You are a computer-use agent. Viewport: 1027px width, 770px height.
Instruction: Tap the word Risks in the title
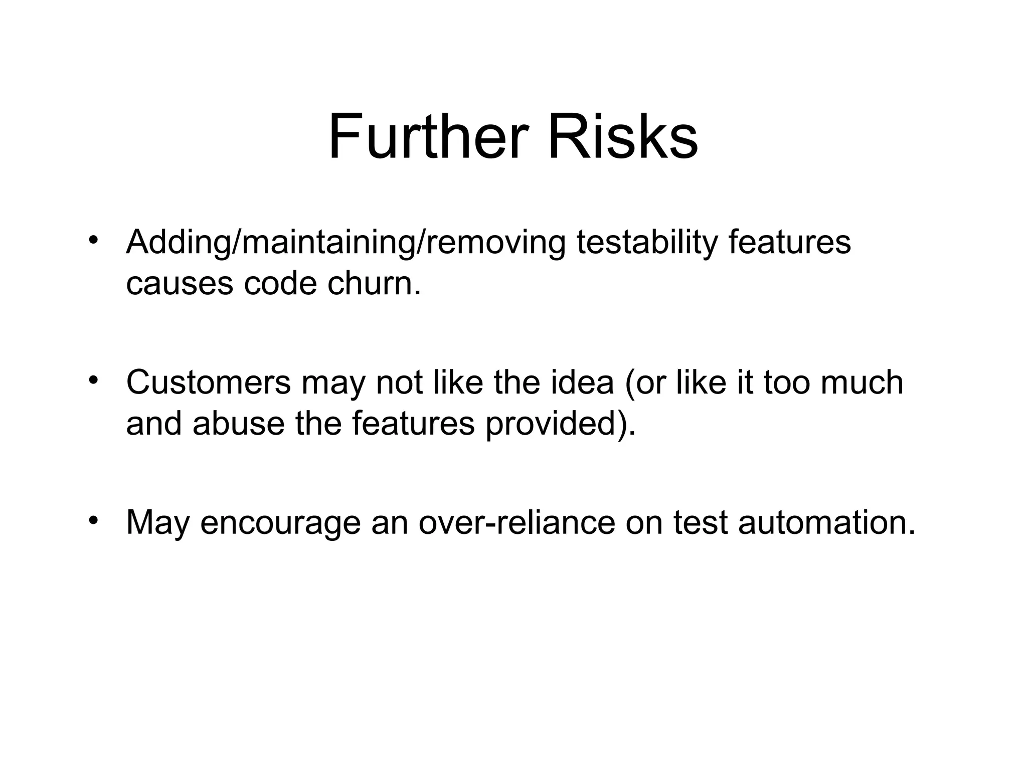pyautogui.click(x=622, y=136)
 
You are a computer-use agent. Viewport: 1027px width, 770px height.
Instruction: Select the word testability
pyautogui.click(x=647, y=242)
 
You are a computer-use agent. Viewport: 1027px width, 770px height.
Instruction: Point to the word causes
pyautogui.click(x=180, y=283)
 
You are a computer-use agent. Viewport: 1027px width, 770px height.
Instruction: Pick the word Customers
pyautogui.click(x=208, y=382)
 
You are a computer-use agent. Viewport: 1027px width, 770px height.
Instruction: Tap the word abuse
pyautogui.click(x=238, y=423)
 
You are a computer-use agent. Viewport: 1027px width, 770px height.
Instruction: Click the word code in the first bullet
pyautogui.click(x=280, y=283)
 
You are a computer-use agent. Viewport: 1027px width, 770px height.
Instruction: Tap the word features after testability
pyautogui.click(x=789, y=242)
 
